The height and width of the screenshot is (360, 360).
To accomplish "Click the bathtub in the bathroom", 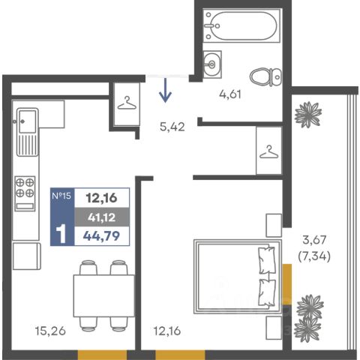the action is click(241, 25).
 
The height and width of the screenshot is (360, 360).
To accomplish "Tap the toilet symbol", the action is click(265, 76).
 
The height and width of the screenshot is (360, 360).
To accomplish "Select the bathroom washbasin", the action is click(212, 64).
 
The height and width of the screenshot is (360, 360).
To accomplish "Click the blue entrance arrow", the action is click(165, 90).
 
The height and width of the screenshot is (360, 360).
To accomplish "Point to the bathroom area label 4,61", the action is click(230, 94).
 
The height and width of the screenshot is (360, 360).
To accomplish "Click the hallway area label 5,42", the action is click(172, 127).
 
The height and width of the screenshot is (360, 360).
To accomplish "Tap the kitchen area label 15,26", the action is click(50, 331).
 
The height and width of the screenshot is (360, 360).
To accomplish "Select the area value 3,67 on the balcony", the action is click(314, 240).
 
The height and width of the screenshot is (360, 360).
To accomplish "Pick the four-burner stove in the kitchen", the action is click(25, 193).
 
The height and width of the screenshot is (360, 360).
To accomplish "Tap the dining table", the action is click(103, 295).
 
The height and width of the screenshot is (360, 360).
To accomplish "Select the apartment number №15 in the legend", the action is click(61, 196).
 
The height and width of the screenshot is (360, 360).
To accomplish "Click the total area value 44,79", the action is click(101, 235).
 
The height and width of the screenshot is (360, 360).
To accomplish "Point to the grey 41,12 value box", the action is click(102, 217).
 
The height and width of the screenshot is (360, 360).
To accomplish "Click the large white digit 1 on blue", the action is click(61, 233).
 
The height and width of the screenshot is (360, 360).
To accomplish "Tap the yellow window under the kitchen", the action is click(102, 355).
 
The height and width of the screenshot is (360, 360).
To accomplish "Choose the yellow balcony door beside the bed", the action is click(287, 284).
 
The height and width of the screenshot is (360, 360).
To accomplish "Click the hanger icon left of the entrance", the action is click(127, 103).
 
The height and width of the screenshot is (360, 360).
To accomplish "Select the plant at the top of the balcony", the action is click(308, 115).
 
